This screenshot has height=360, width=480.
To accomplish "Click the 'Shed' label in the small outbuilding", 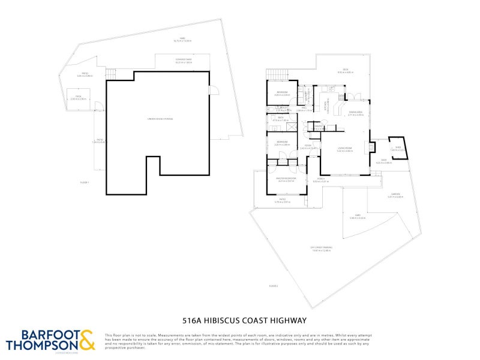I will pyautogui.click(x=397, y=146).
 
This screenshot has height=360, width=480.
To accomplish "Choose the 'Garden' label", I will pyautogui.click(x=395, y=194).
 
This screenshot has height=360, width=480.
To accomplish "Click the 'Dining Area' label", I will pyautogui.click(x=355, y=112).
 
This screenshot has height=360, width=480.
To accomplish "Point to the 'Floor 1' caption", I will pyautogui.click(x=85, y=182).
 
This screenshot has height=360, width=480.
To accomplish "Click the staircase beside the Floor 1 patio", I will pyautogui.click(x=110, y=74).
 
